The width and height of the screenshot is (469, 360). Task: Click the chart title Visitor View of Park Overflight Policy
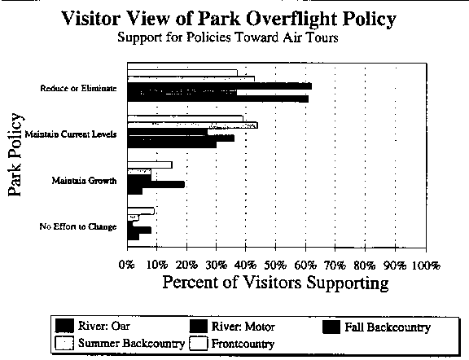click(229, 19)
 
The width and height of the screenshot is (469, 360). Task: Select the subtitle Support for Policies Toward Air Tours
click(228, 37)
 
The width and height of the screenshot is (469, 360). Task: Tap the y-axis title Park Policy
click(15, 155)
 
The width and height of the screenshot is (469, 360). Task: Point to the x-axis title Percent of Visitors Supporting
click(275, 282)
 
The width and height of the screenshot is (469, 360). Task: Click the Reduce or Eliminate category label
click(78, 88)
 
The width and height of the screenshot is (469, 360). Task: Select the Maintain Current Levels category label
click(71, 134)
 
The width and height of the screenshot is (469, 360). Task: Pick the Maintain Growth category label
click(84, 181)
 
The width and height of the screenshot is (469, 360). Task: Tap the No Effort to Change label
click(78, 226)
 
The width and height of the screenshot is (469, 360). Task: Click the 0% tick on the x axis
click(127, 266)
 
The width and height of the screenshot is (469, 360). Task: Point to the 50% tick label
click(275, 266)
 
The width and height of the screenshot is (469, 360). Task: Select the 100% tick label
click(426, 266)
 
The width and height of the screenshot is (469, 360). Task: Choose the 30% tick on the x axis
click(217, 266)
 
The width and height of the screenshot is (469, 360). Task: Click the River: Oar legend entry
click(93, 326)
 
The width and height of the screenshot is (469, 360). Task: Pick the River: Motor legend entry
click(232, 326)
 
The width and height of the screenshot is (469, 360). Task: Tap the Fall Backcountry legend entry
click(376, 327)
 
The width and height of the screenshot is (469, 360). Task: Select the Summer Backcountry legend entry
click(120, 343)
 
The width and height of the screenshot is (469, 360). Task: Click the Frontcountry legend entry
click(232, 344)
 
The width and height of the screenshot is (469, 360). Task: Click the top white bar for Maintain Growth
click(150, 165)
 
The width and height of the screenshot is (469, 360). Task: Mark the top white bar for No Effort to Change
click(141, 211)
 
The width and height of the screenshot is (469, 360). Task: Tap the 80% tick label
click(365, 266)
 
